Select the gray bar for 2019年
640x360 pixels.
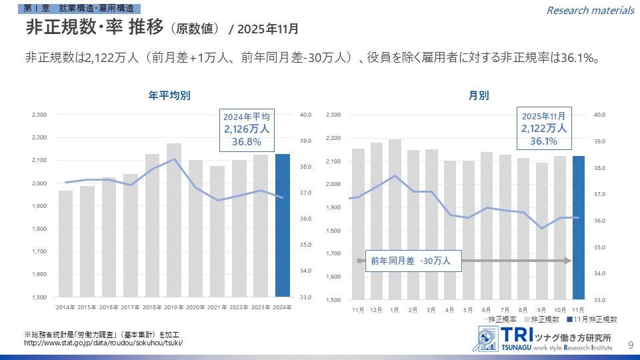[x=174, y=220]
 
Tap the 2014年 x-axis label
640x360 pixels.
[x=65, y=307]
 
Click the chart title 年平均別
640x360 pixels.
[x=169, y=95]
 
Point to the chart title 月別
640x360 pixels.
[x=478, y=95]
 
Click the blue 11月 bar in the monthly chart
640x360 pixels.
[x=577, y=227]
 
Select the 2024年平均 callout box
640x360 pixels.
[x=247, y=129]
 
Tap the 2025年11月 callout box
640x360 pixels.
[x=543, y=128]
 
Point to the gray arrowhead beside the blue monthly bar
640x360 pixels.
[x=567, y=261]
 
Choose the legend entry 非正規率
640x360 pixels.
[x=500, y=320]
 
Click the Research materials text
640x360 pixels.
[x=590, y=10]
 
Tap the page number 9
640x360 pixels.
[x=631, y=344]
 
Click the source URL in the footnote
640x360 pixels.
[x=103, y=343]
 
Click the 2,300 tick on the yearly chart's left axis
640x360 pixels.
[x=39, y=115]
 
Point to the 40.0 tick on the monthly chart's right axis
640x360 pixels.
[x=599, y=115]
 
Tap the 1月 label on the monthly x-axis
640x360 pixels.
[x=395, y=311]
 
